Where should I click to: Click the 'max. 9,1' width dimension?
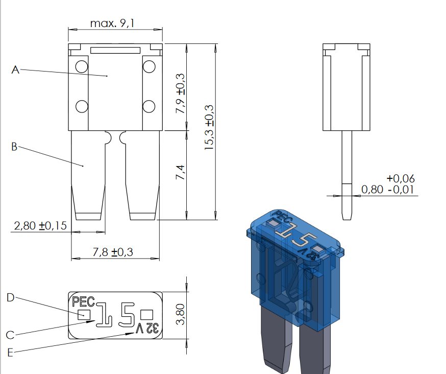(112, 23)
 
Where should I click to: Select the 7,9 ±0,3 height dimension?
(180, 93)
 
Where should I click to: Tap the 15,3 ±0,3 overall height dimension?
(209, 127)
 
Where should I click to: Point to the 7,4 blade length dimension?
(180, 172)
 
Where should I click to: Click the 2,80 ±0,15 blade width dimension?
(40, 226)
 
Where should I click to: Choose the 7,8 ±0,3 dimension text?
(113, 252)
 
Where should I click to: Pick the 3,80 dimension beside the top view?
(180, 314)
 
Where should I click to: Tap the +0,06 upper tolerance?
(401, 179)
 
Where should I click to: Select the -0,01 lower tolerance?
(401, 190)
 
